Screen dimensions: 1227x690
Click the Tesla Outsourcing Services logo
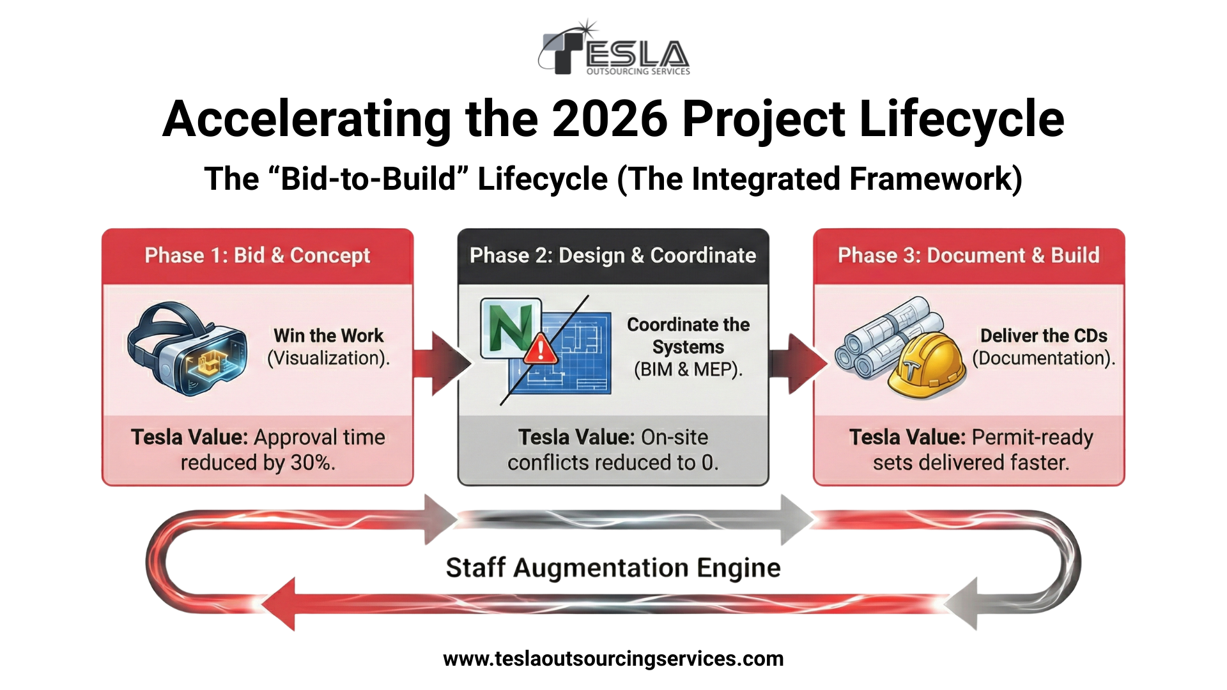click(613, 49)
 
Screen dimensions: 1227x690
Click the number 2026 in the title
click(610, 119)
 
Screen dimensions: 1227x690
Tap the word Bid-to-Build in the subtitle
click(369, 179)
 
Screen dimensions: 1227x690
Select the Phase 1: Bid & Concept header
click(258, 256)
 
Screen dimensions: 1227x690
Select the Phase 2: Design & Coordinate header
click(613, 256)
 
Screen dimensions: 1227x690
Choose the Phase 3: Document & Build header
click(969, 256)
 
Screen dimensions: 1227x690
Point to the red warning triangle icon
click(541, 349)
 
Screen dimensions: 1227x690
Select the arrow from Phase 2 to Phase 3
click(798, 364)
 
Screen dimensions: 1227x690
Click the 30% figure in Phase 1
click(313, 463)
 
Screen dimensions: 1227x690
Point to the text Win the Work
click(328, 335)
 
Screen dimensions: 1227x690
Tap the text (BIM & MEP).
click(688, 369)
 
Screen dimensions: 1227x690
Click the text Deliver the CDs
click(1044, 335)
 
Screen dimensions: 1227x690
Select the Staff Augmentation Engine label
click(613, 567)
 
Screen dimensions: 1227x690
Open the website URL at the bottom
click(613, 659)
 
